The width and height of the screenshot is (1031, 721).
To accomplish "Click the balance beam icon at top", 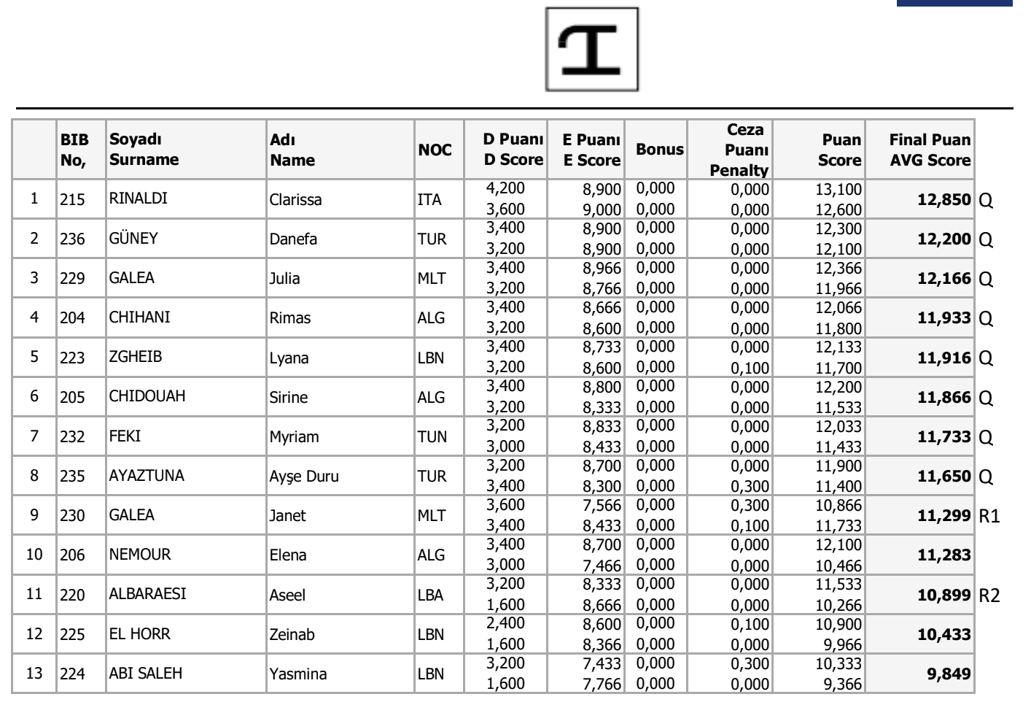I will pos(591,50).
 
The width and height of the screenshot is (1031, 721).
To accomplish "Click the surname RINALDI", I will pos(138,198).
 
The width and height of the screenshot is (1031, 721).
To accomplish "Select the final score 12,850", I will pos(944,199).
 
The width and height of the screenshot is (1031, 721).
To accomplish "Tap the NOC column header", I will pos(435,150).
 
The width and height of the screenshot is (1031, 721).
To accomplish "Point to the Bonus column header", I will pos(659,150).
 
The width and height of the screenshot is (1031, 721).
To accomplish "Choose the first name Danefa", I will pos(293,239).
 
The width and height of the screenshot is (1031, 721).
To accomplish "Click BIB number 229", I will pos(72,278).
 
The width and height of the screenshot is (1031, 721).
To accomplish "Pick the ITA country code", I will pos(429,199).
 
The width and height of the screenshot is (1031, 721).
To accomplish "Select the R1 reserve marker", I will pos(989,516).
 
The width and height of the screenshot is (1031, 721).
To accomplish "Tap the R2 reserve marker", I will pos(989,595).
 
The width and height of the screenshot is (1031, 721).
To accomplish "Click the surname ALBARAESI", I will pos(147,594).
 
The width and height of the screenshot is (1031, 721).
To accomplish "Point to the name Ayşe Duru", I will pos(303,476).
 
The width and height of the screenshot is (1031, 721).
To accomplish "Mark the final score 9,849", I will pos(949,674).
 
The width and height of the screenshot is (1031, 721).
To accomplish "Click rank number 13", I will pos(34,673).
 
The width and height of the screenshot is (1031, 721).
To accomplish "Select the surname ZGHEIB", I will pos(136,357).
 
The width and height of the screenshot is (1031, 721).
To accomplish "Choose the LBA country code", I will pos(430,595).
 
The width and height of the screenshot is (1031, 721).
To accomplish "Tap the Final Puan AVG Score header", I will pos(930,150).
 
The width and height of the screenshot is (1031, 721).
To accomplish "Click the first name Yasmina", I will pos(298,674).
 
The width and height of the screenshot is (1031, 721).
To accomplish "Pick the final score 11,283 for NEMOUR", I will pos(944,555).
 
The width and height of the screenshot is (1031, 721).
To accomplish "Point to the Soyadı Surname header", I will pos(144,150).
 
